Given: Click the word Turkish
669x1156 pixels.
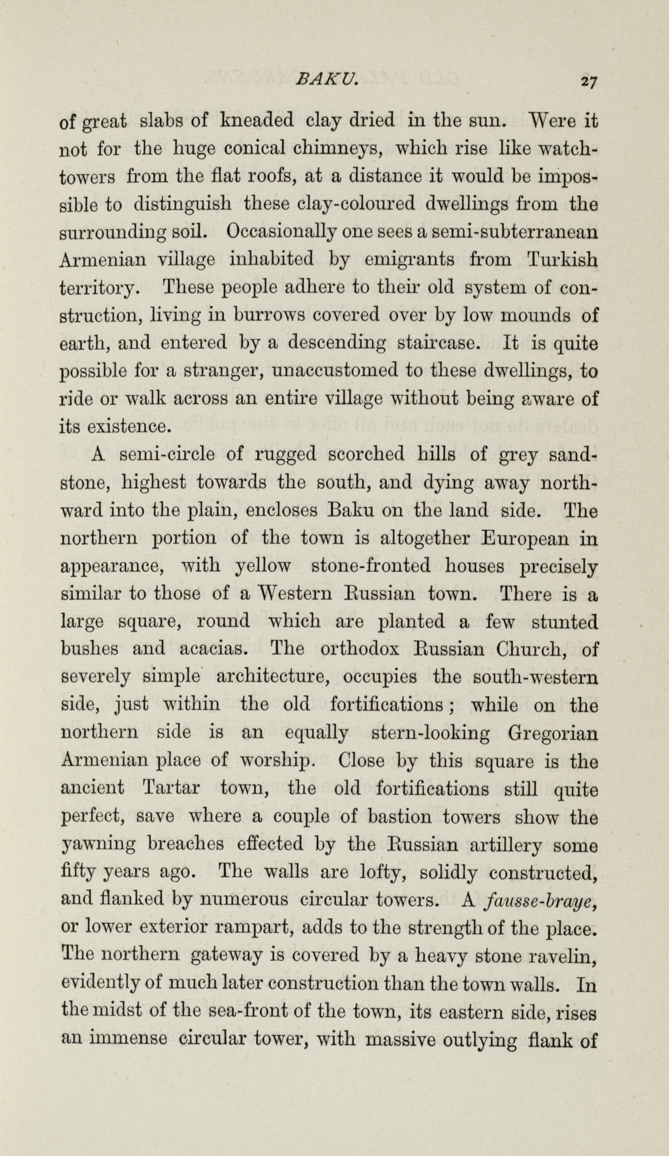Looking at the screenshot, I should pyautogui.click(x=562, y=260).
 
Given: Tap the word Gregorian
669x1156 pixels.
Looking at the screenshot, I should pyautogui.click(x=552, y=734).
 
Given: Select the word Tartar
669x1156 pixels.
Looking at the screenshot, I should pyautogui.click(x=171, y=788).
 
